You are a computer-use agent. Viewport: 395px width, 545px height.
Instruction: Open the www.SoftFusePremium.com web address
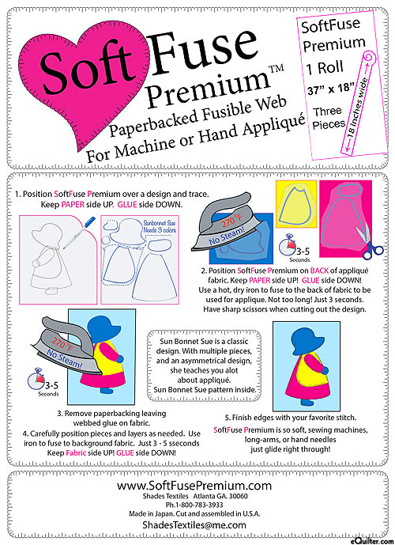coord(194,485)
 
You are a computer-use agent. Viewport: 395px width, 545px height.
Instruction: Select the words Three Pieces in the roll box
coord(327,118)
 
